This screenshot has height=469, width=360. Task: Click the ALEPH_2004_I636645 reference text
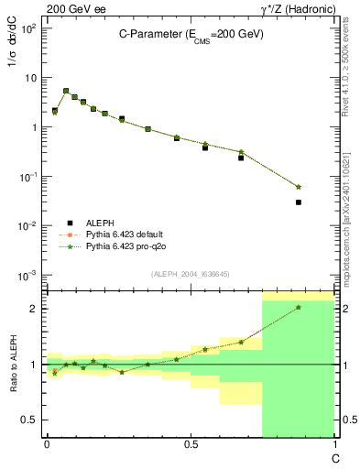click(x=189, y=273)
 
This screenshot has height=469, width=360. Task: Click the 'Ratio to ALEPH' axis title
click(x=16, y=365)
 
